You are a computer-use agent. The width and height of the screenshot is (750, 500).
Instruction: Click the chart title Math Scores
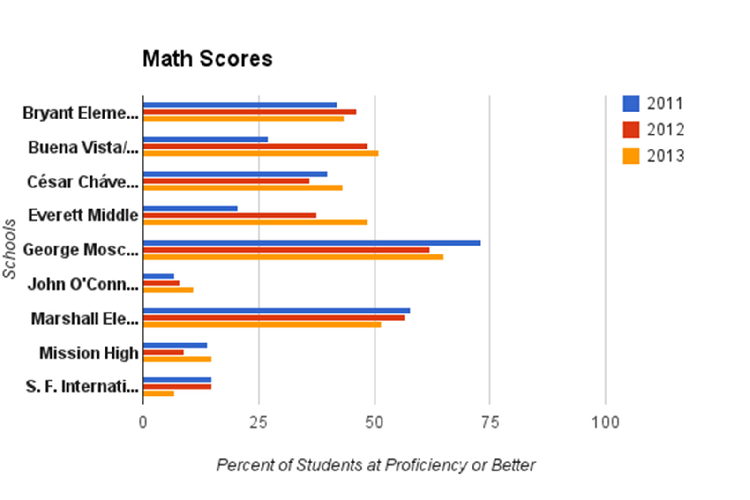click(207, 59)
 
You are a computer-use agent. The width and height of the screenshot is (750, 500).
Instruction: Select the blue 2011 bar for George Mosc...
click(312, 243)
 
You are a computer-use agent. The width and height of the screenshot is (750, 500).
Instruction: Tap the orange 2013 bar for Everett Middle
click(255, 222)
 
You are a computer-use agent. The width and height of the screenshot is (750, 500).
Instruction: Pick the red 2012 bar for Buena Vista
click(255, 146)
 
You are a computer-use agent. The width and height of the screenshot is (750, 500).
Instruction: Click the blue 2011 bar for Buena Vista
click(205, 139)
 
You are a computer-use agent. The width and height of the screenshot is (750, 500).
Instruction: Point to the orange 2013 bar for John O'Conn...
click(168, 290)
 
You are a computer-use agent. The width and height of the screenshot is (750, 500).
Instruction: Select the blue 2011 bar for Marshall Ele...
click(277, 311)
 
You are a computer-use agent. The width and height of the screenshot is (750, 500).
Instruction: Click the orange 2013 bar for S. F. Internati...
click(159, 394)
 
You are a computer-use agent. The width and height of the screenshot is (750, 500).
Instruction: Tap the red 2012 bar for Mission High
click(164, 352)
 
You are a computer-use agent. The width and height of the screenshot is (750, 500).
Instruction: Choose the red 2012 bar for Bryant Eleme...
click(250, 112)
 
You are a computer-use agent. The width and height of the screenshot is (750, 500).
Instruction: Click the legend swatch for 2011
click(631, 104)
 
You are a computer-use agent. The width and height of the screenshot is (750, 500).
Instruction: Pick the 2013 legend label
click(666, 156)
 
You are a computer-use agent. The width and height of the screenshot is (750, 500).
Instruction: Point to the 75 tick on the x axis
click(490, 422)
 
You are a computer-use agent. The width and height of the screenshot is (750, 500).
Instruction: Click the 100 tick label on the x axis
click(605, 422)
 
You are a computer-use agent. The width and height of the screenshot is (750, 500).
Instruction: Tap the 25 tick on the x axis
click(258, 422)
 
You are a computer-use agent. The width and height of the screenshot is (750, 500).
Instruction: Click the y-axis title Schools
click(9, 249)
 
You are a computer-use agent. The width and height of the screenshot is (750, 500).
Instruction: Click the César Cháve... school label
click(82, 181)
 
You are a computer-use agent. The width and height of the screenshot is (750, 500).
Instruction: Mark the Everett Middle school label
click(83, 215)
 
